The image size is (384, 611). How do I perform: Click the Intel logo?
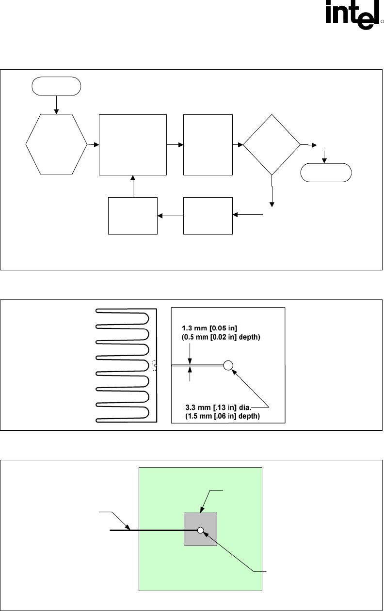354,15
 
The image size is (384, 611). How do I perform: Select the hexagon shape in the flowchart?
57,144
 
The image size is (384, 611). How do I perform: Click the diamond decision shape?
272,144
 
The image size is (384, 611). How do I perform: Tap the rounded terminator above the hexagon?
56,86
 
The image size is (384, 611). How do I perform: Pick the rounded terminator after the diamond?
326,172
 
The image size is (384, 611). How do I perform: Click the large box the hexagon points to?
133,145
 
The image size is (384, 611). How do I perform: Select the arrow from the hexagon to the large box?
93,144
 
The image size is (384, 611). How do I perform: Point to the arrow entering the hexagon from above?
56,105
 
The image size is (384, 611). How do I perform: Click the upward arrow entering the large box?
133,186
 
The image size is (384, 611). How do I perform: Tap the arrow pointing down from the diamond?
272,191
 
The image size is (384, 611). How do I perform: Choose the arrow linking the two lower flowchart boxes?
171,216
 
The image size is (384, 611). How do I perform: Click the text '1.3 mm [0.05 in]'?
209,328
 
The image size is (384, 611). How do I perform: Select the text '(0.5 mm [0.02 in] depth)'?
221,337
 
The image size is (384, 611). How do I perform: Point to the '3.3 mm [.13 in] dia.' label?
218,407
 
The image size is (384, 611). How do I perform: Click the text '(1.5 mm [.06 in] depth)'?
223,416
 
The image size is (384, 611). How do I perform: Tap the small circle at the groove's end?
228,365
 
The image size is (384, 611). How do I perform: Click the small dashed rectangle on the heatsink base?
155,365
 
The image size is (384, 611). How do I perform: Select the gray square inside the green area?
200,530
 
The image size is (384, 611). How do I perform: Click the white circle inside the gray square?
201,530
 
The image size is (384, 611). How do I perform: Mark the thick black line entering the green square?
154,530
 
